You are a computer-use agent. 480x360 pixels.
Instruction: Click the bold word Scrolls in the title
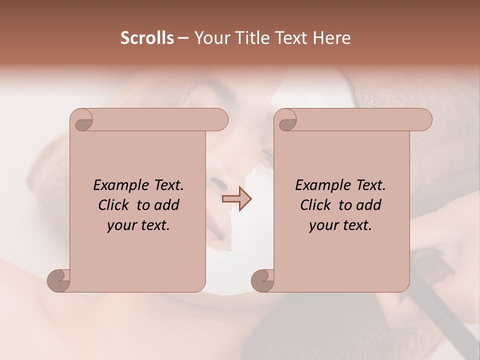pos(147,38)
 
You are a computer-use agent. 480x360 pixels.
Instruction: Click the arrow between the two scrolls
pos(237,198)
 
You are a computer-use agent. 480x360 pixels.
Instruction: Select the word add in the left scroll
pos(166,205)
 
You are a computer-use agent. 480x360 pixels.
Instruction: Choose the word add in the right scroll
pos(368,205)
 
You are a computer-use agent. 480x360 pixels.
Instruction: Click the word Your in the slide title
pos(210,38)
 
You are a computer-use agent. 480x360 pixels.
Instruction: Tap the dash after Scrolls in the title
pos(183,38)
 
